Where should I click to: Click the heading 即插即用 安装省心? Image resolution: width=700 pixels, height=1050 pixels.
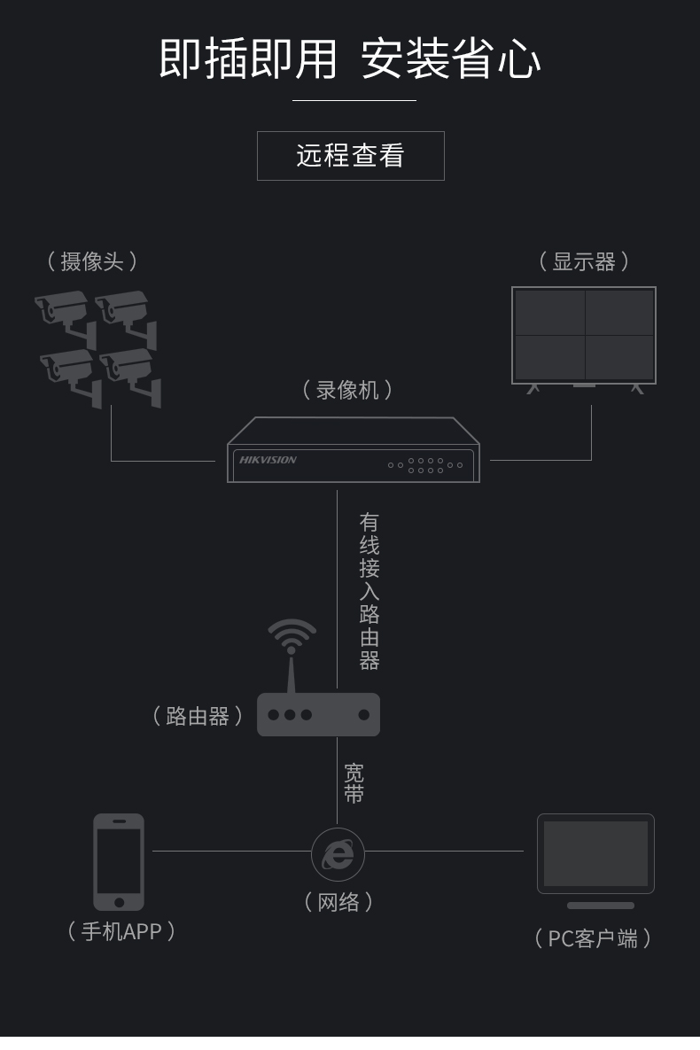point(350,59)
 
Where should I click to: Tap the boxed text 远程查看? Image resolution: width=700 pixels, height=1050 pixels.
point(350,156)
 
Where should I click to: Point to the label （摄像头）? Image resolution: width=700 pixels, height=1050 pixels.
point(92,261)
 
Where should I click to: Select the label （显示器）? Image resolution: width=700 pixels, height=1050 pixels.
point(584,261)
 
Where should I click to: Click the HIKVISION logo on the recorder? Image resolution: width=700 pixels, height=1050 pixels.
point(268,460)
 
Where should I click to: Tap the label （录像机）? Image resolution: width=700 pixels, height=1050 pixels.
point(347,390)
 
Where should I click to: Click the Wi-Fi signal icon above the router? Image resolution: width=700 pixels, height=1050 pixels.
point(292,635)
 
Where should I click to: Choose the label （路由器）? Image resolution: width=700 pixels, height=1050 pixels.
point(198,716)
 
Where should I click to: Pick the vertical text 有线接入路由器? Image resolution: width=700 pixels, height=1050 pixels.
point(369,591)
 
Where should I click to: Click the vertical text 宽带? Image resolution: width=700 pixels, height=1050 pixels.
point(354,783)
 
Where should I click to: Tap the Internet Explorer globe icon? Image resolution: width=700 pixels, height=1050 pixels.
point(338,854)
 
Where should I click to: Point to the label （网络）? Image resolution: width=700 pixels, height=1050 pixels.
point(338,902)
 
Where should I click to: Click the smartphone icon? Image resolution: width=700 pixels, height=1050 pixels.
point(119,861)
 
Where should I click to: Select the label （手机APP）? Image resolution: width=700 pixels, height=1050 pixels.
point(121,931)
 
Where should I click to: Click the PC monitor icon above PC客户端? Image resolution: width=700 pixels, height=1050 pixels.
point(595,855)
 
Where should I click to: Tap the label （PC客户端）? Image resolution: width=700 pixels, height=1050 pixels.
point(593,938)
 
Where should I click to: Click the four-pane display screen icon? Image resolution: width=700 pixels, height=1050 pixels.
point(584,335)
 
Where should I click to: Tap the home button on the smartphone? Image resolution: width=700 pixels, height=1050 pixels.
point(119,902)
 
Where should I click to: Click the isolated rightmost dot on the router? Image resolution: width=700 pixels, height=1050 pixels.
point(363,714)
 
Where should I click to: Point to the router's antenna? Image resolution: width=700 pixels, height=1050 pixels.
point(292,675)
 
